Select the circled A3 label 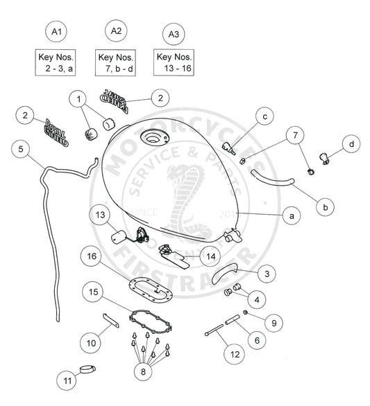pos(172,33)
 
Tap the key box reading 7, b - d pos(115,63)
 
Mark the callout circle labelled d pos(352,144)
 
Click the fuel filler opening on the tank pos(151,138)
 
